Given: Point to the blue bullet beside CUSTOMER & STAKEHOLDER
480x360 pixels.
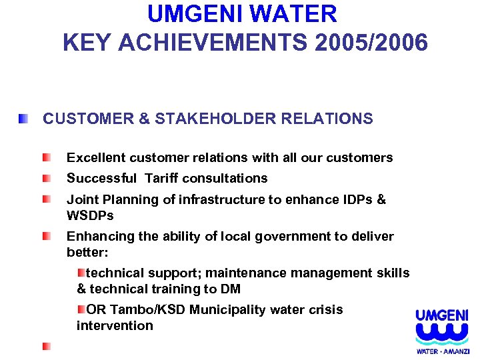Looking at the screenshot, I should (23, 119).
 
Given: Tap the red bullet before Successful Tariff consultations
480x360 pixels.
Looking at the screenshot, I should (46, 179).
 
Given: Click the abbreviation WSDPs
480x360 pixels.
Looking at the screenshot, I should (90, 215).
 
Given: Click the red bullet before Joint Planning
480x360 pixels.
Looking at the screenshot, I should (46, 199).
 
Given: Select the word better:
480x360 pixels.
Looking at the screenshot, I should (87, 253).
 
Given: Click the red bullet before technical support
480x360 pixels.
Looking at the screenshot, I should (81, 273).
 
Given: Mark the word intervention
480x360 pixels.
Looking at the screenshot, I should (115, 325).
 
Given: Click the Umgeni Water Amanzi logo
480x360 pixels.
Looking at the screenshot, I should (442, 331).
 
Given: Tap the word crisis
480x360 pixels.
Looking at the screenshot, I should (325, 309).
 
